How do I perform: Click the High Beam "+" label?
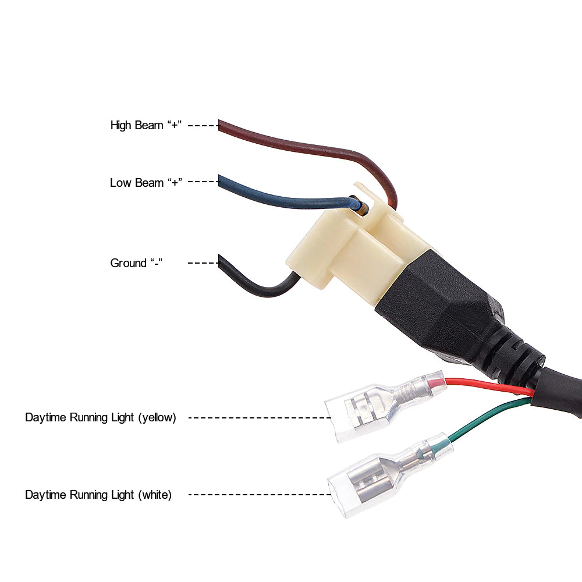point(146,125)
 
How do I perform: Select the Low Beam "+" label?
point(146,183)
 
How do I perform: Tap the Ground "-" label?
point(136,263)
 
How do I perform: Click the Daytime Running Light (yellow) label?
point(101,417)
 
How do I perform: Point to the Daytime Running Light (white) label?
point(98,495)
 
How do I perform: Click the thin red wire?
point(490,385)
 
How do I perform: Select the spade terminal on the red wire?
point(382,406)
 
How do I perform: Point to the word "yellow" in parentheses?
point(157,417)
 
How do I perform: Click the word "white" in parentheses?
point(155,495)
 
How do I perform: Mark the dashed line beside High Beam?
point(203,126)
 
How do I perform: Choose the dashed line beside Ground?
point(203,263)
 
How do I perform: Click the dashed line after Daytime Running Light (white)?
point(260,494)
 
